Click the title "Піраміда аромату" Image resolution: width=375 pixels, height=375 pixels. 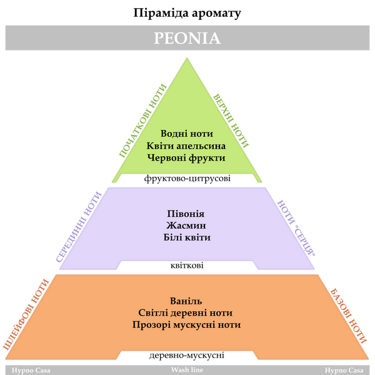click(187, 13)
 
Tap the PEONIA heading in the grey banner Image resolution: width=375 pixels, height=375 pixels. click(187, 38)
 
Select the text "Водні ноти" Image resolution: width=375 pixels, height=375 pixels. click(187, 134)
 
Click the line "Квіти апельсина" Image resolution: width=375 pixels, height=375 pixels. click(186, 146)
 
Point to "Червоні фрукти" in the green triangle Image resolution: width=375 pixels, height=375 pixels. click(186, 158)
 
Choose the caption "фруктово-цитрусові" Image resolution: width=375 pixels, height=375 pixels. click(187, 178)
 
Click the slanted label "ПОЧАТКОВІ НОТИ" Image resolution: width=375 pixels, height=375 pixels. click(142, 121)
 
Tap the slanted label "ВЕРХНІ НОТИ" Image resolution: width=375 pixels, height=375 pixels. click(231, 121)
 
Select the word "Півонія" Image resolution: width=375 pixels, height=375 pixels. click(186, 214)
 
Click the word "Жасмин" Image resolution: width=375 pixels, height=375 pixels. click(186, 225)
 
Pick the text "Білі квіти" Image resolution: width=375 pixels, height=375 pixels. click(187, 237)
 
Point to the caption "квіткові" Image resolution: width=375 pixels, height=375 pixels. click(187, 265)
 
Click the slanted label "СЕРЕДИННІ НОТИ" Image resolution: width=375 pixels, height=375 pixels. click(79, 227)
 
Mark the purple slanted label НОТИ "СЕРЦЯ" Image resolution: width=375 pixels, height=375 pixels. click(296, 228)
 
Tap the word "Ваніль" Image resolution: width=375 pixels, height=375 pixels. click(186, 301)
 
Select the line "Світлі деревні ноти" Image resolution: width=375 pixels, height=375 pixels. click(186, 313)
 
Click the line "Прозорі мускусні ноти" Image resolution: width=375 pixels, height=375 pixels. click(186, 325)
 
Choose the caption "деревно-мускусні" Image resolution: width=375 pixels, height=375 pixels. click(187, 356)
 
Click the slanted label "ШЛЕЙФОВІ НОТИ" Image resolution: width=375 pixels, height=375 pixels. click(26, 314)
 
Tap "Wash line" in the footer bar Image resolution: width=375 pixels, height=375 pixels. click(187, 370)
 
